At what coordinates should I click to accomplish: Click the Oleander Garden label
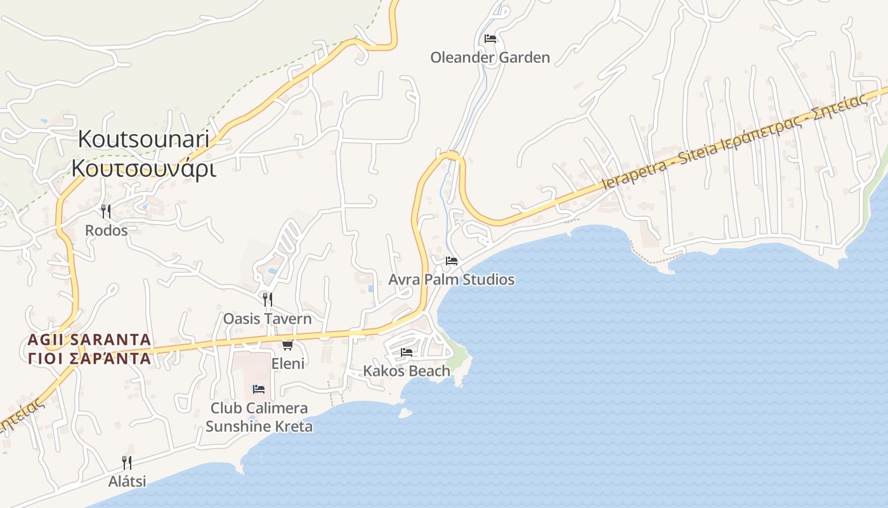pos(490,57)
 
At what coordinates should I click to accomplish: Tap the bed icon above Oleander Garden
pos(490,39)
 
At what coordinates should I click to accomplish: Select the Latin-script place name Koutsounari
pos(143,139)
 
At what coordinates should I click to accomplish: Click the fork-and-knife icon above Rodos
pos(106,211)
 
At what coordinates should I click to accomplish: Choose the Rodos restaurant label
pos(106,230)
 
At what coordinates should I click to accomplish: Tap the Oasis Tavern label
pos(267,318)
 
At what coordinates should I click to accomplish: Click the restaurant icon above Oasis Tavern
pos(267,299)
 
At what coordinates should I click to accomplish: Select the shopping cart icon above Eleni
pos(287,345)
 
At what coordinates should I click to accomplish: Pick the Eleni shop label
pos(288,363)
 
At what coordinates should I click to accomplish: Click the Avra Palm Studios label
pos(452,279)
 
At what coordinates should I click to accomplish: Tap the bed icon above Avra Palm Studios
pos(452,261)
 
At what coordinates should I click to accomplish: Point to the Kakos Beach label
pos(407,371)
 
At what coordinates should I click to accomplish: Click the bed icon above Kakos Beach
pos(407,352)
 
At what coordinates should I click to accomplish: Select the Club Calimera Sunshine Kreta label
pos(259,417)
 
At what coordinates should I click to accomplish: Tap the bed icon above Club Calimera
pos(259,389)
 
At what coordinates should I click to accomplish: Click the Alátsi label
pos(127,481)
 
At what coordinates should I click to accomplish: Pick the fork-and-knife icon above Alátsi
pos(127,462)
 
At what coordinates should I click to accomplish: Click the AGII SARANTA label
pos(89,340)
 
